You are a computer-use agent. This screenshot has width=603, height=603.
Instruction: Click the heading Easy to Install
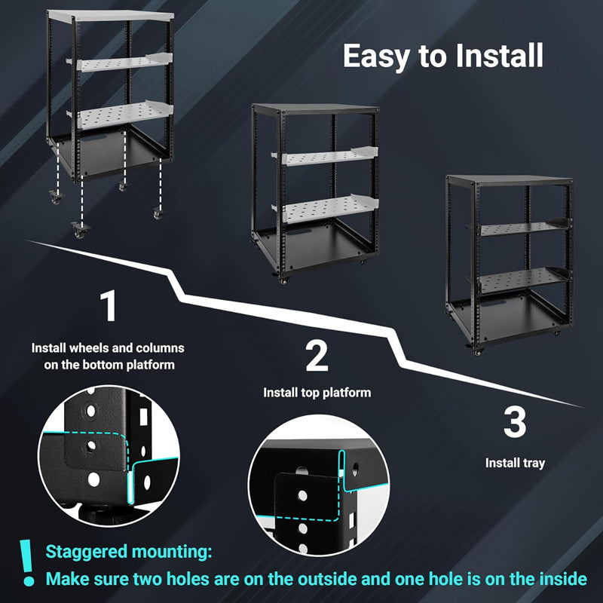pyautogui.click(x=442, y=57)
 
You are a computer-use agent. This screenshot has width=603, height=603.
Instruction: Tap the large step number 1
pyautogui.click(x=109, y=308)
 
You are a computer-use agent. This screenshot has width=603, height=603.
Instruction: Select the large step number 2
pyautogui.click(x=317, y=356)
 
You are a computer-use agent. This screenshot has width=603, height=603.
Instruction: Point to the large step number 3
pyautogui.click(x=515, y=422)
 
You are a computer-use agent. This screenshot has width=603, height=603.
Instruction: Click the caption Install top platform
pyautogui.click(x=317, y=393)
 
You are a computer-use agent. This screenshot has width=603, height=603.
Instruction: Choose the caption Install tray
pyautogui.click(x=515, y=463)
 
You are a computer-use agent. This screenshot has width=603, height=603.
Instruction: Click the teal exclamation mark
pyautogui.click(x=28, y=563)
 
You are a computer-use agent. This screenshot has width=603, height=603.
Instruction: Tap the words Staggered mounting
pyautogui.click(x=128, y=552)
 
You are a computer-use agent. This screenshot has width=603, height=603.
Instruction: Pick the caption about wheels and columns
pyautogui.click(x=108, y=357)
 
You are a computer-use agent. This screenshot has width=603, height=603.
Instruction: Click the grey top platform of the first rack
pyautogui.click(x=110, y=15)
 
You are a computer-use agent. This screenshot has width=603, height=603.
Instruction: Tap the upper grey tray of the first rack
pyautogui.click(x=121, y=63)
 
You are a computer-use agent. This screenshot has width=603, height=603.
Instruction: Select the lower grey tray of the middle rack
pyautogui.click(x=328, y=209)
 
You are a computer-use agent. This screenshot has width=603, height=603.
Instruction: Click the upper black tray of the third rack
pyautogui.click(x=520, y=228)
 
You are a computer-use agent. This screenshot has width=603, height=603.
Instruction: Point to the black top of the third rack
pyautogui.click(x=509, y=179)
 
